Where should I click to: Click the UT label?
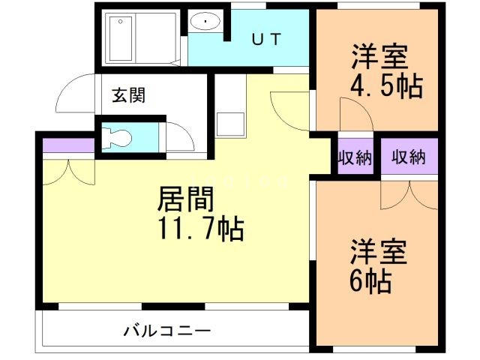(266, 40)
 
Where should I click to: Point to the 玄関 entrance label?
(128, 96)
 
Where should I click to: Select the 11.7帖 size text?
(199, 229)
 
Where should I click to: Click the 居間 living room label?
(186, 199)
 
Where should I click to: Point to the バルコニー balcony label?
(166, 331)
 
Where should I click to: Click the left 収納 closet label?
(354, 157)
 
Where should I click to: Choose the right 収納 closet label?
(408, 157)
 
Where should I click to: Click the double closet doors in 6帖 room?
(409, 193)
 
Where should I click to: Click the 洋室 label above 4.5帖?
(379, 57)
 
